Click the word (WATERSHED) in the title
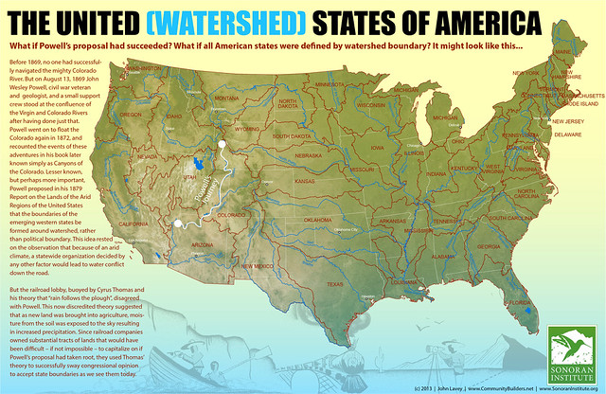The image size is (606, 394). (240, 22)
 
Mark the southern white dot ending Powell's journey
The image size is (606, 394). (178, 224)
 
